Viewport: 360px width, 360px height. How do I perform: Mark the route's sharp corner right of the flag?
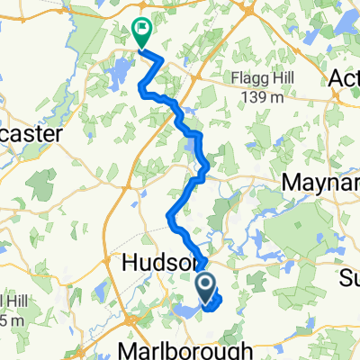coord(164,59)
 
